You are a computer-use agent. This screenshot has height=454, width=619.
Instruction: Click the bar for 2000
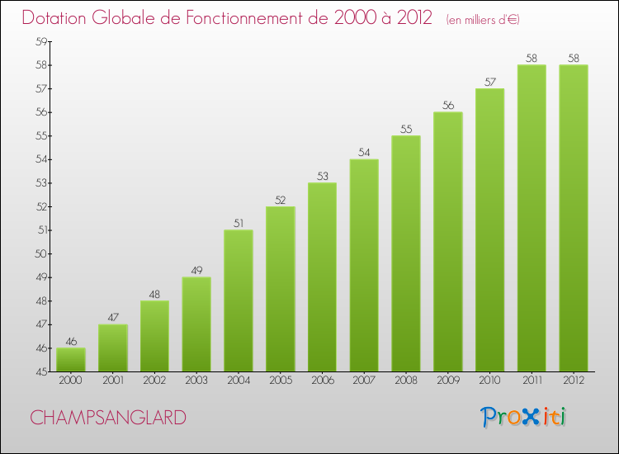pyautogui.click(x=71, y=360)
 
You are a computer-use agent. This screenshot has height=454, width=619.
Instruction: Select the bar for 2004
pyautogui.click(x=239, y=300)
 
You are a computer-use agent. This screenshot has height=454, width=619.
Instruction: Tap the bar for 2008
pyautogui.click(x=406, y=253)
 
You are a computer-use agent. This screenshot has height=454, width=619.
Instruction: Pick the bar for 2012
pyautogui.click(x=574, y=218)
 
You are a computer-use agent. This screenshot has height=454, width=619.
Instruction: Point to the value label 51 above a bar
pyautogui.click(x=239, y=223)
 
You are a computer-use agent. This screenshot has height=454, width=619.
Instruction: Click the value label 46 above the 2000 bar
pyautogui.click(x=71, y=341)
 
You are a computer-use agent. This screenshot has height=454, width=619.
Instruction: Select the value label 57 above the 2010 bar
pyautogui.click(x=489, y=82)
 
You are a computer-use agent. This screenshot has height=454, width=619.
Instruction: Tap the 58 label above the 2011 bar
pyautogui.click(x=532, y=58)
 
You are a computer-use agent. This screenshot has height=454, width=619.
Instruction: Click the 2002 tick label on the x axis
pyautogui.click(x=154, y=381)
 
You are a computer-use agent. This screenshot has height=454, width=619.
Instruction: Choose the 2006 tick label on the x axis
pyautogui.click(x=322, y=381)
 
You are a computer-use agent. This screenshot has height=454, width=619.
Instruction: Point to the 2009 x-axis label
pyautogui.click(x=447, y=381)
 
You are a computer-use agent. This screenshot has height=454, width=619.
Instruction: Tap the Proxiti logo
pyautogui.click(x=524, y=416)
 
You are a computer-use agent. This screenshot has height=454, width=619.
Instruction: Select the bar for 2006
pyautogui.click(x=322, y=277)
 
